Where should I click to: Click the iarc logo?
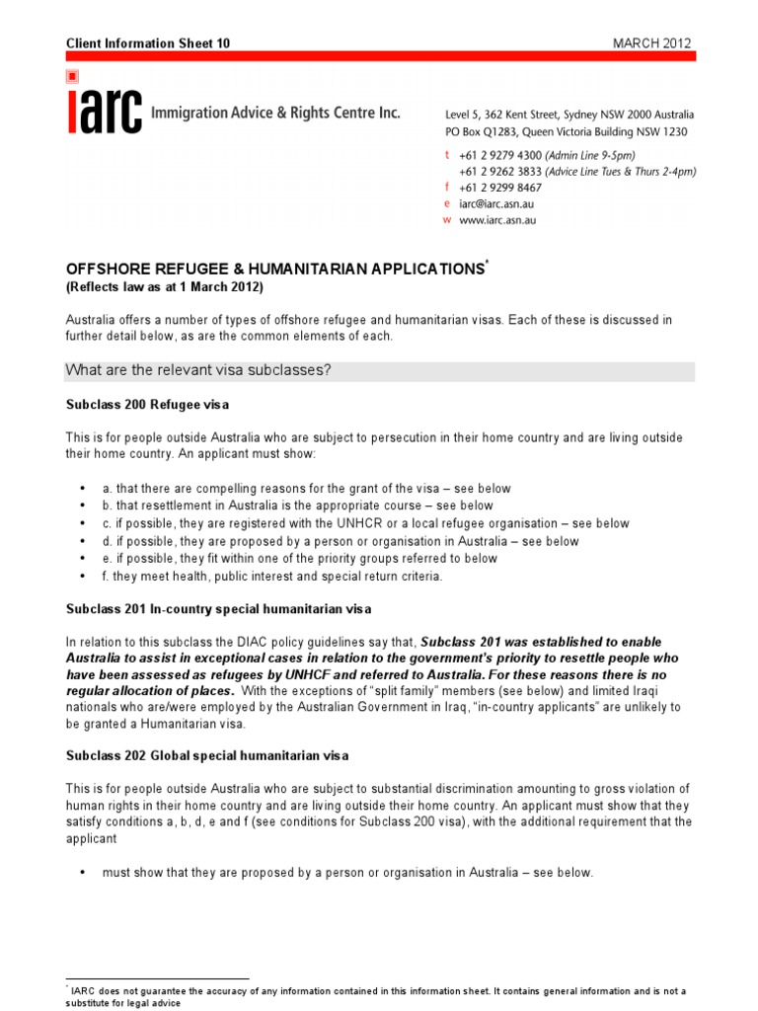[104, 110]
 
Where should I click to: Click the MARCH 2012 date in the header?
[652, 43]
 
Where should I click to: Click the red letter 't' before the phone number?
[447, 155]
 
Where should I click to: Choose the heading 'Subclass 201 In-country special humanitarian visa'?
[218, 607]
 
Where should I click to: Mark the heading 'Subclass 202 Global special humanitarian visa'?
[207, 755]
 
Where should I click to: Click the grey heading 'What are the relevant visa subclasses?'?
[197, 371]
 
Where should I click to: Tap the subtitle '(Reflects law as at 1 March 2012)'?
[164, 286]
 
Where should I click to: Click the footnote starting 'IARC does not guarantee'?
[375, 990]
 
